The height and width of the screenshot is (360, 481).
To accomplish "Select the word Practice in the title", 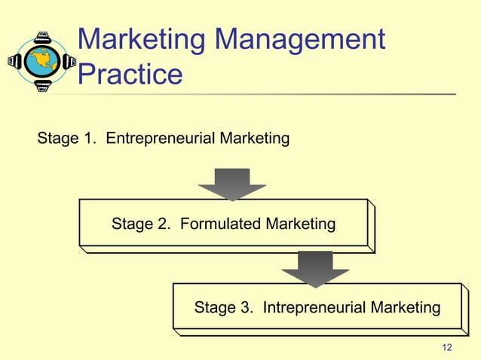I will point(130,75).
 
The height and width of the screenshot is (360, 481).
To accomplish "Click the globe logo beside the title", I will point(42,61).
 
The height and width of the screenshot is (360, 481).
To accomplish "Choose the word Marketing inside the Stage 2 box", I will point(297,224).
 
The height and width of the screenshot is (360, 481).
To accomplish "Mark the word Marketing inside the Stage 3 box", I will point(403,307).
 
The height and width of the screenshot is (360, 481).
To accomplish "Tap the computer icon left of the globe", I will point(14,61).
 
